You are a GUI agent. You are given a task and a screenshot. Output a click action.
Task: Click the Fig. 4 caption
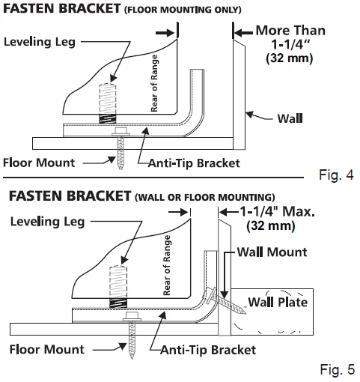click(336, 175)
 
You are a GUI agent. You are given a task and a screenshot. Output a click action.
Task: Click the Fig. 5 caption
click(338, 369)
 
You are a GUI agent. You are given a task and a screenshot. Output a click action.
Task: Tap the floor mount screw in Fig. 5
click(132, 336)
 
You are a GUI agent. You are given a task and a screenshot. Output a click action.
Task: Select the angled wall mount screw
click(225, 300)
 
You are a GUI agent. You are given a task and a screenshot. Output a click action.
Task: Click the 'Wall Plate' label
click(278, 302)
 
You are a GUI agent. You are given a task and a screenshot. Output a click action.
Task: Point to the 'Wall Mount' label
click(272, 252)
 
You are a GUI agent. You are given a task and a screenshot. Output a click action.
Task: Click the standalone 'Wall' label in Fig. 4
click(290, 118)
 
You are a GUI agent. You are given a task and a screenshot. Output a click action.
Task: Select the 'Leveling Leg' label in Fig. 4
click(40, 42)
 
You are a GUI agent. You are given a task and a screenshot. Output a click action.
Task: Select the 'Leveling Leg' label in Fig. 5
click(47, 222)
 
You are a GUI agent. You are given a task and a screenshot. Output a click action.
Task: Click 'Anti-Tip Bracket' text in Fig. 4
click(194, 163)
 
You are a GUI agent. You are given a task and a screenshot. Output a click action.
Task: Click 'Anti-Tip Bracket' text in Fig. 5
click(208, 350)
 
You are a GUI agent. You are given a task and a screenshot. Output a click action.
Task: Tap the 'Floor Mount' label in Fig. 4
click(39, 163)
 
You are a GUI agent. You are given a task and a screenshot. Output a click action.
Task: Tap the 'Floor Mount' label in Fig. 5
click(47, 349)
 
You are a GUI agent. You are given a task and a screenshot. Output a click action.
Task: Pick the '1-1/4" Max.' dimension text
click(277, 212)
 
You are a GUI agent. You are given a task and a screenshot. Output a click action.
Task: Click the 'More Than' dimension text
click(290, 31)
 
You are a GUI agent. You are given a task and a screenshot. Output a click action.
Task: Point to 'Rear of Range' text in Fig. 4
click(154, 83)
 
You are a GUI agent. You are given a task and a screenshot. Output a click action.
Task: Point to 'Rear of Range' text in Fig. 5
click(167, 265)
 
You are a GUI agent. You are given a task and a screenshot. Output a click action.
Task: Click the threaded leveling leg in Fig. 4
click(108, 103)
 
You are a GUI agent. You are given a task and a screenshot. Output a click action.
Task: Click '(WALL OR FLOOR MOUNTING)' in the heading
click(205, 197)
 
